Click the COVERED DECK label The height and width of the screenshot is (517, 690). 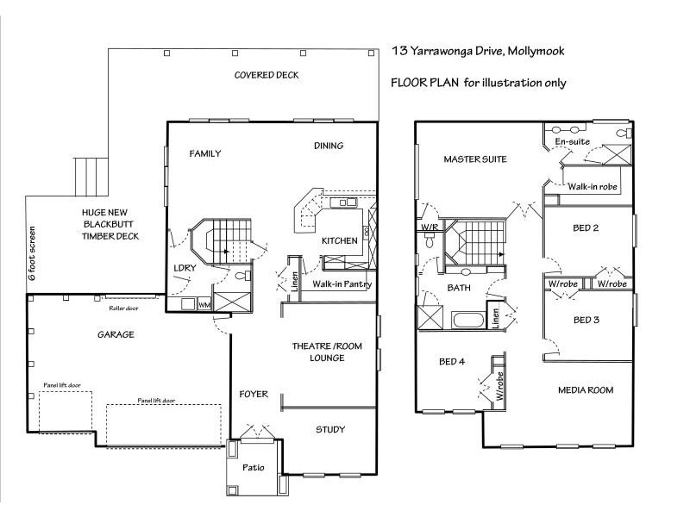267,75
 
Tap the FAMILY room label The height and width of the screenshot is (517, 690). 205,154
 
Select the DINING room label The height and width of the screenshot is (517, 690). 328,146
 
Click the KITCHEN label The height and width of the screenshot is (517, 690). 339,241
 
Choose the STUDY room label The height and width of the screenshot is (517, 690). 330,429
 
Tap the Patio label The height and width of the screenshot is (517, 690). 252,469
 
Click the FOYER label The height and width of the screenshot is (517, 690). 254,394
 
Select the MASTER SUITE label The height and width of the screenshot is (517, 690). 475,159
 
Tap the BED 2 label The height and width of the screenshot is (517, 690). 586,228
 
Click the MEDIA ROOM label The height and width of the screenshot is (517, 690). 586,390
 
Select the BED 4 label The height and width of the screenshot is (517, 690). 452,361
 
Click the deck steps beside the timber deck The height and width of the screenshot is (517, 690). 89,177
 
